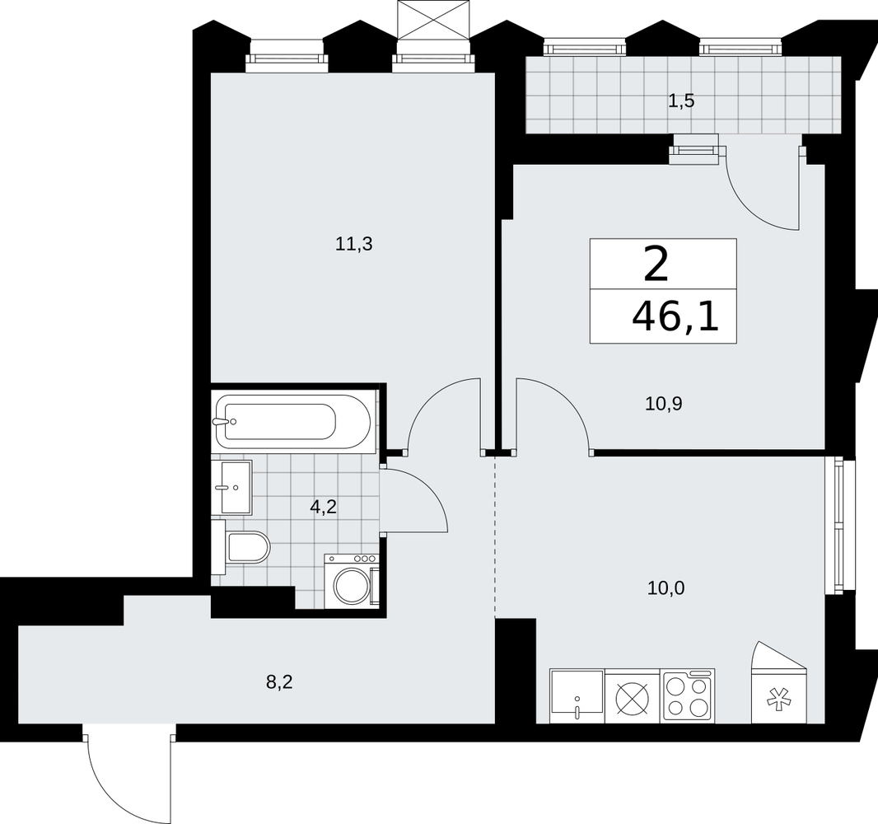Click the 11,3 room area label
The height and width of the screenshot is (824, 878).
pos(354,244)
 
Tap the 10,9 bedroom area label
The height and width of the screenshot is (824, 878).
pos(664,403)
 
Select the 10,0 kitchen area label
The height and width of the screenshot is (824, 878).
pos(666,588)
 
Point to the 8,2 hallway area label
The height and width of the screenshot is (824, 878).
pos(279,683)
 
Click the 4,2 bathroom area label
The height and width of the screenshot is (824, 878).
pos(324,508)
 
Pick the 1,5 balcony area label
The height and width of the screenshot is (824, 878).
pos(681,101)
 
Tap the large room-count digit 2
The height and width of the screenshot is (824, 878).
pos(656,265)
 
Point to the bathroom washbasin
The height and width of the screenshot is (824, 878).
pos(236,487)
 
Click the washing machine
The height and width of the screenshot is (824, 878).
pos(352,581)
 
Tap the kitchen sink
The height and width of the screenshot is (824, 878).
pos(577,695)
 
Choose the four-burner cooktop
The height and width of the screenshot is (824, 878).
pos(689,695)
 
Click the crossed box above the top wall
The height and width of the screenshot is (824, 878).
pos(432,20)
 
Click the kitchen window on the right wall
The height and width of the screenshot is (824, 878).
pos(839,526)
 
